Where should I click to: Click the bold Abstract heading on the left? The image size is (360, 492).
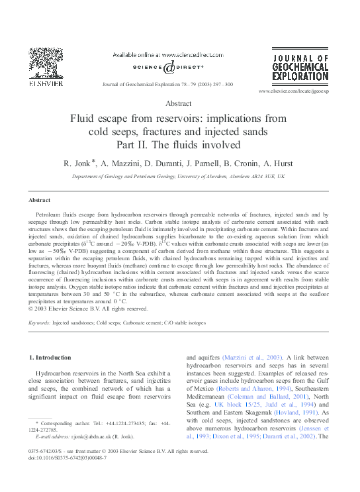[39, 200]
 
